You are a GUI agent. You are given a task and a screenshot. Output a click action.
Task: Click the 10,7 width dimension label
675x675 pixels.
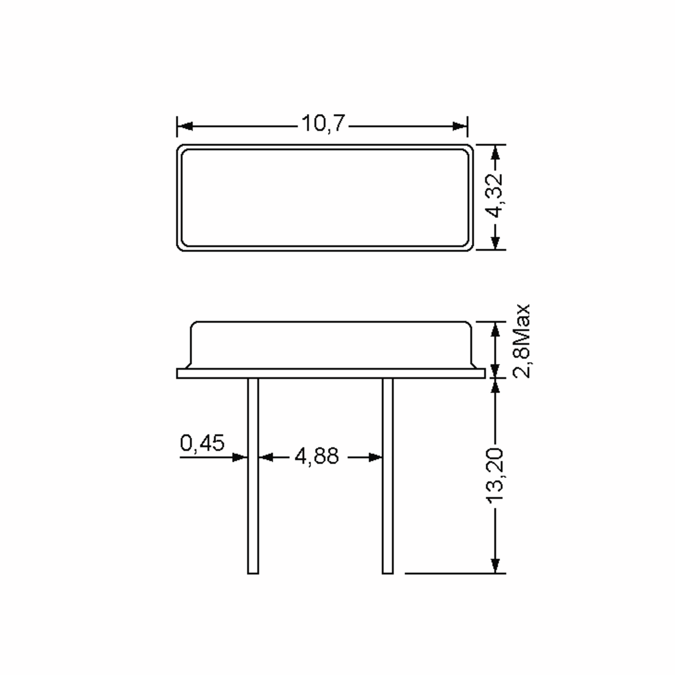(x=323, y=124)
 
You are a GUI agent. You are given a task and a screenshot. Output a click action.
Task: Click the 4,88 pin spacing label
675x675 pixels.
(x=316, y=456)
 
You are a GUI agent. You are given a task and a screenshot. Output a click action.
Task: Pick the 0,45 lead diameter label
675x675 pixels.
(x=202, y=443)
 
